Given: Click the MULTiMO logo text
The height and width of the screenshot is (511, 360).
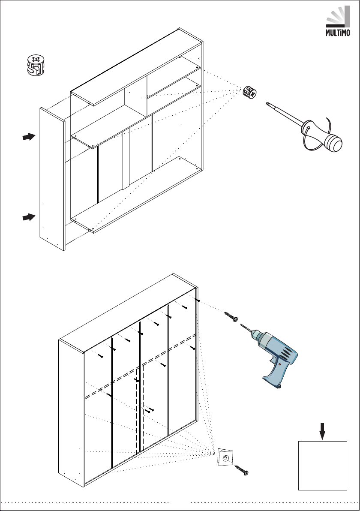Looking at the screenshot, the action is (x=338, y=33).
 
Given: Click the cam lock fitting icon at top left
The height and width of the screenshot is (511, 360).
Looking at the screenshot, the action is (x=36, y=65).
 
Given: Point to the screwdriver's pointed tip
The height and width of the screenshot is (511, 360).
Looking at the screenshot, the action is (x=267, y=104).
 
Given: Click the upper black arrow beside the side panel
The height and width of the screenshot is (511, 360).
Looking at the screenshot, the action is (x=29, y=137).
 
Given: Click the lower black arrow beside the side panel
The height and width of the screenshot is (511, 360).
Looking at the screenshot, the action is (x=29, y=217).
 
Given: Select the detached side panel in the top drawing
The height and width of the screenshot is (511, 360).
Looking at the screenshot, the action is (x=52, y=179).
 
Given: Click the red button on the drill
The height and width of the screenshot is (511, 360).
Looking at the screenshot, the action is (x=279, y=364).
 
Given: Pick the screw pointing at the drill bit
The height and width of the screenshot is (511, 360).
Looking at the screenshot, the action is (x=231, y=316).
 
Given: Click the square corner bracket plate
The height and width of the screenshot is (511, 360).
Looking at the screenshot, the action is (x=225, y=457).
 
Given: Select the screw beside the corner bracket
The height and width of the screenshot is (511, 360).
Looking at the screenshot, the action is (x=241, y=470).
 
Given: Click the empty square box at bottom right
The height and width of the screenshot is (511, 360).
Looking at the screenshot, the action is (x=323, y=466).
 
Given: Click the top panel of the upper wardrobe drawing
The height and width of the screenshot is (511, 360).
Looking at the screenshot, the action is (x=137, y=67).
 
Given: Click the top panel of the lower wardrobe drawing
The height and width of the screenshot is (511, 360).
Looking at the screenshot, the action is (x=129, y=313).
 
